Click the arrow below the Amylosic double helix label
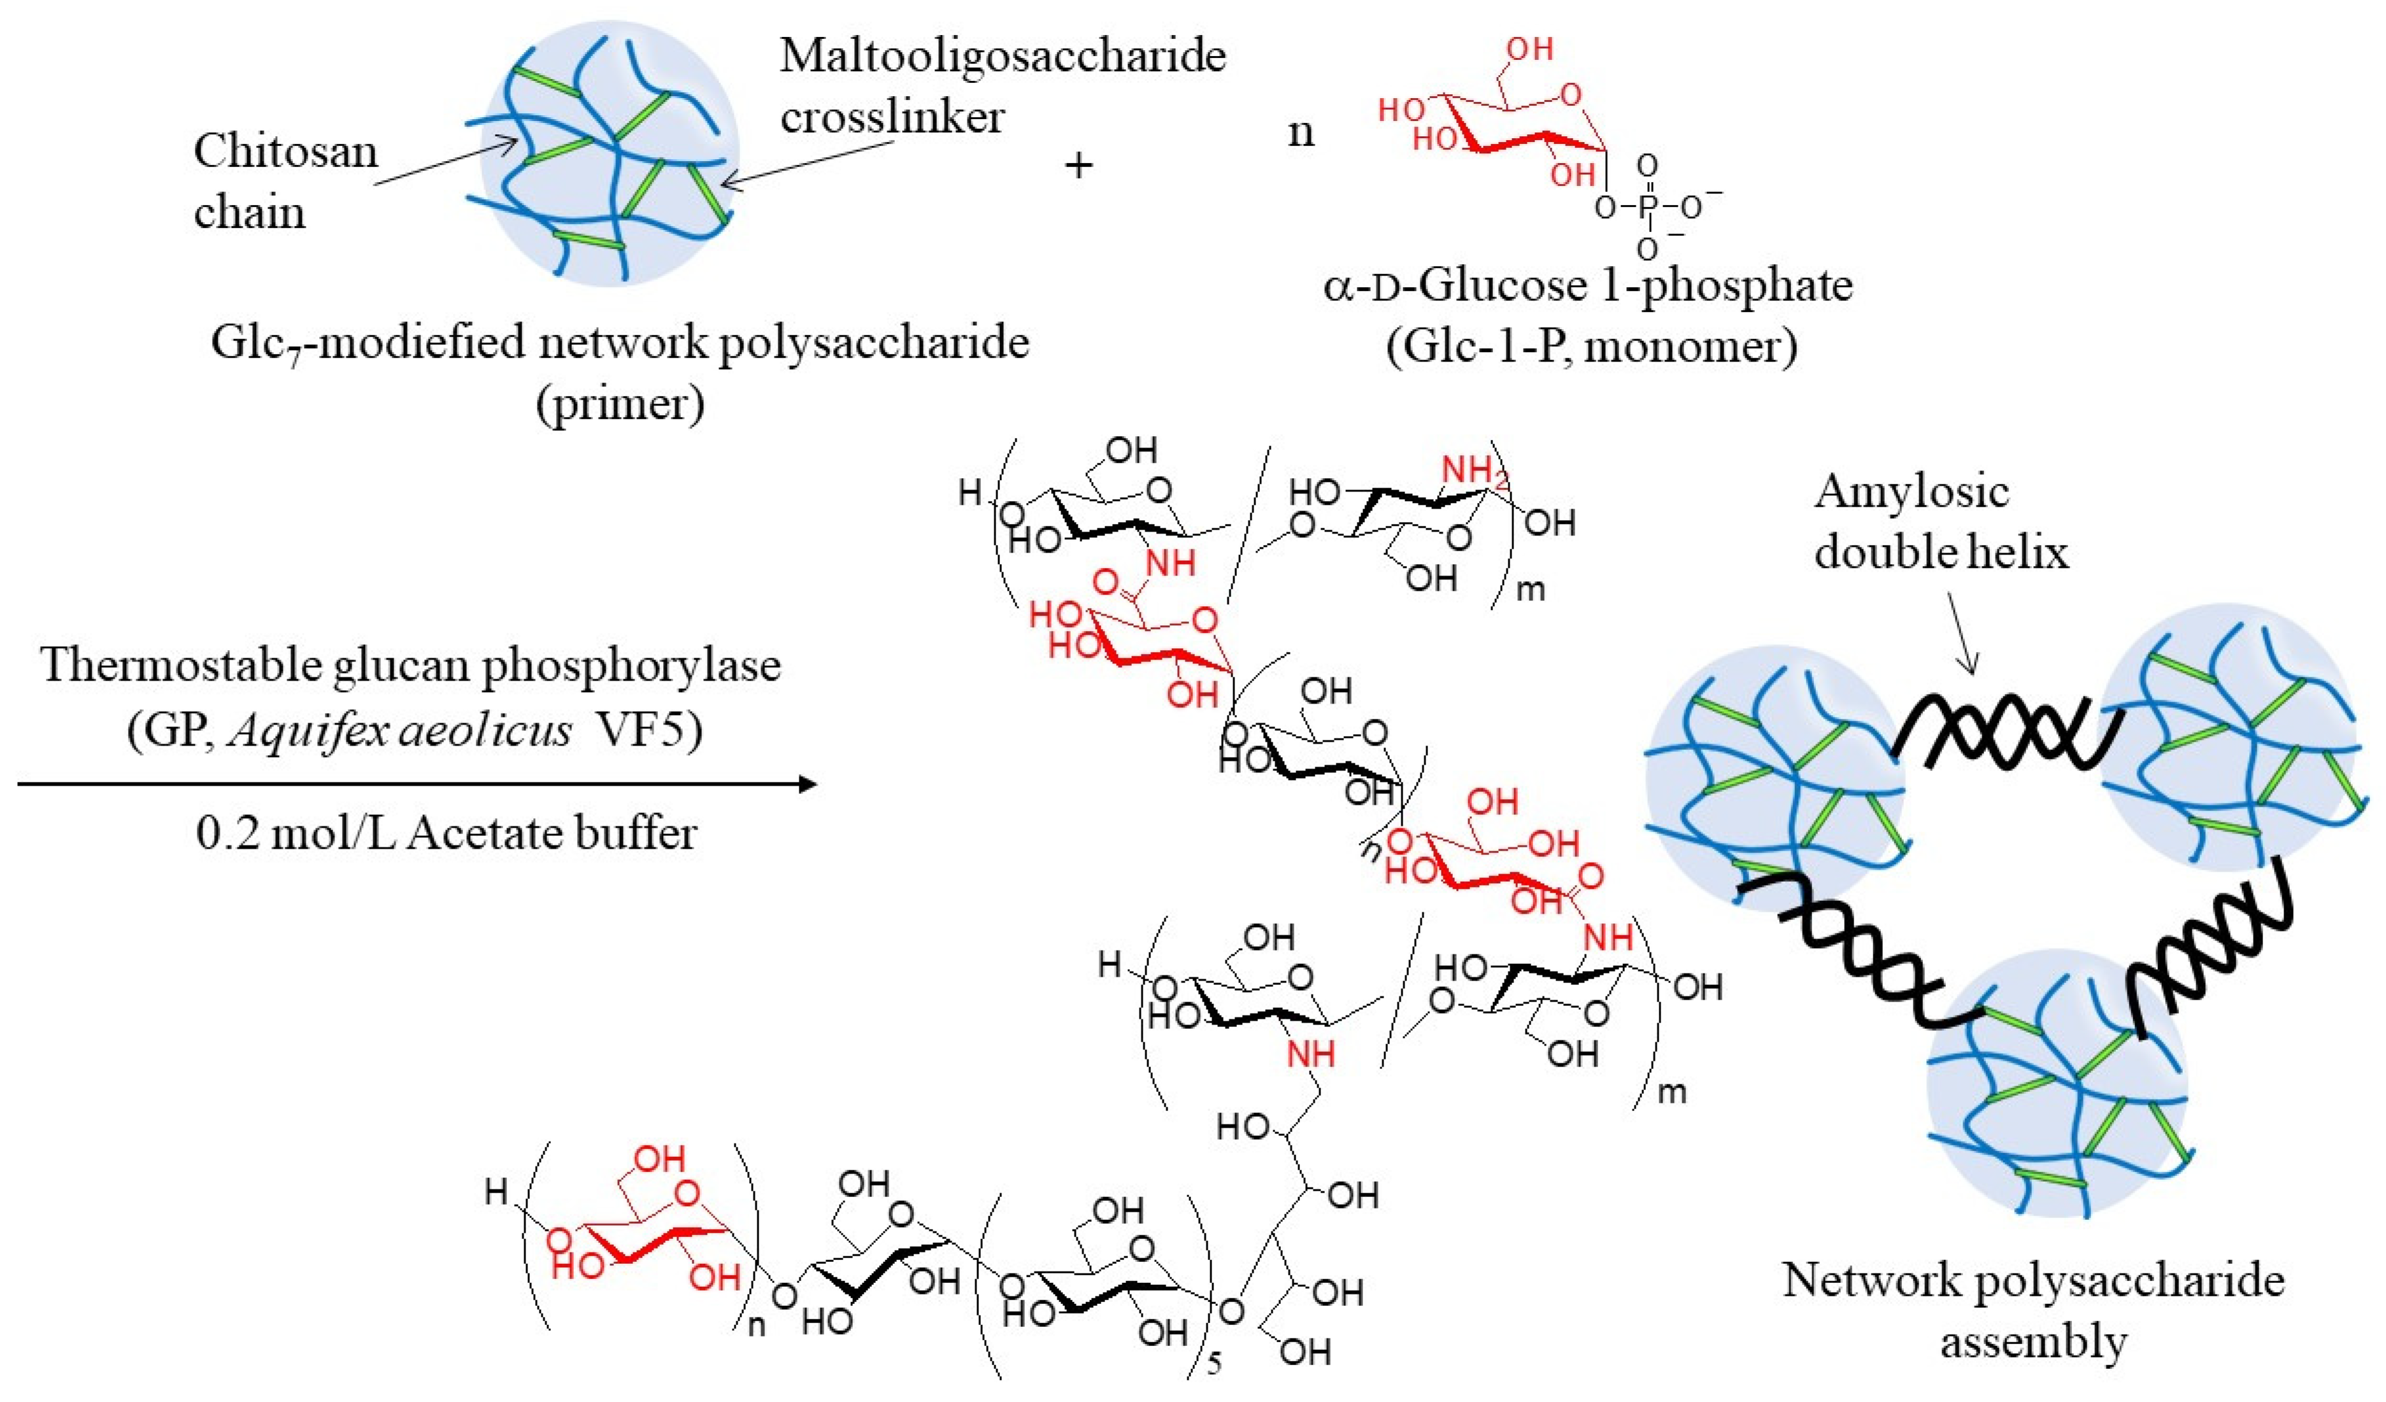[x=1961, y=634]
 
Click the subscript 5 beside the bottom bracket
[x=1214, y=1363]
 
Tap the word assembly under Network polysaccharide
[x=2033, y=1342]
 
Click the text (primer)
[x=620, y=404]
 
